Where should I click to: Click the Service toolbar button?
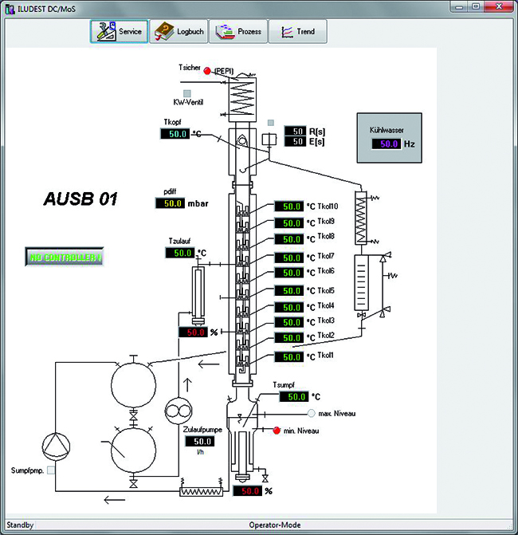[119, 31]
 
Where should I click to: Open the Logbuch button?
[179, 31]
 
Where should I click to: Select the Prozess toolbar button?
[238, 31]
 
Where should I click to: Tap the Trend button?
[298, 31]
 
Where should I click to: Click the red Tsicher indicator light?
[207, 71]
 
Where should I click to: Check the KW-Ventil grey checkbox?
[186, 93]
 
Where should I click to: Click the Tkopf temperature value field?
[175, 134]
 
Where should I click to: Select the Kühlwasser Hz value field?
[387, 144]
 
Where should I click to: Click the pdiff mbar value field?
[171, 203]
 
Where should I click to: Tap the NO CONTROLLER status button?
[65, 257]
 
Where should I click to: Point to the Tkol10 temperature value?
[289, 206]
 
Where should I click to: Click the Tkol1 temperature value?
[289, 357]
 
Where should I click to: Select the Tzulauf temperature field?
[180, 253]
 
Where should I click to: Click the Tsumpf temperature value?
[294, 396]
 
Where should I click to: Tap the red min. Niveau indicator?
[277, 431]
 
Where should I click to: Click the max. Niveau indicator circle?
[311, 413]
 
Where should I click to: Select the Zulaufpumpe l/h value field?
[200, 441]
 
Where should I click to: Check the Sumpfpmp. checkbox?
[51, 470]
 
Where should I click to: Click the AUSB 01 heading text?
[80, 199]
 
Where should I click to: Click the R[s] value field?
[296, 131]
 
